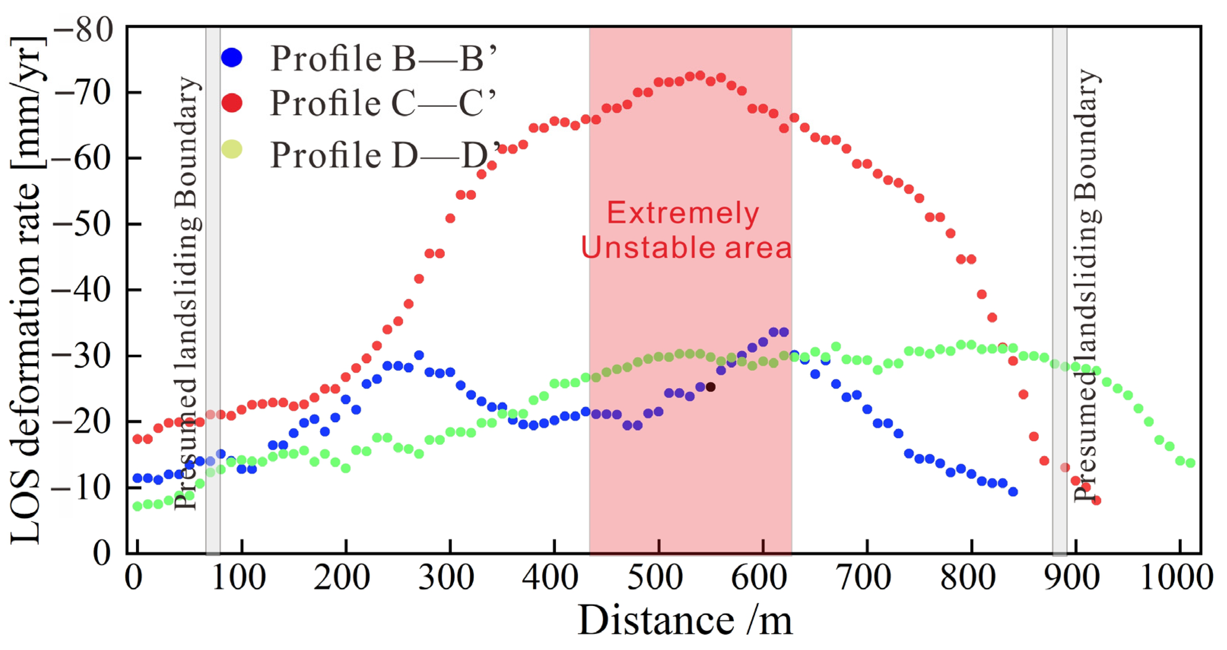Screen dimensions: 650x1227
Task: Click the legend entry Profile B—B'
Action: point(383,59)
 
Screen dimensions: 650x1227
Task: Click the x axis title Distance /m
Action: point(685,620)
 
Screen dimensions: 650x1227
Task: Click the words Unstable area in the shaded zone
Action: point(686,248)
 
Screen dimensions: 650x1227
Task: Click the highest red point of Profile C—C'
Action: point(700,75)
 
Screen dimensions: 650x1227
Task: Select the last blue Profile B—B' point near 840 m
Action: point(1013,492)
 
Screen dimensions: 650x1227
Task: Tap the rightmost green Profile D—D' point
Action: point(1190,463)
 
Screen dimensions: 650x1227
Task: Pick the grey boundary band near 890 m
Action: point(1060,291)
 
